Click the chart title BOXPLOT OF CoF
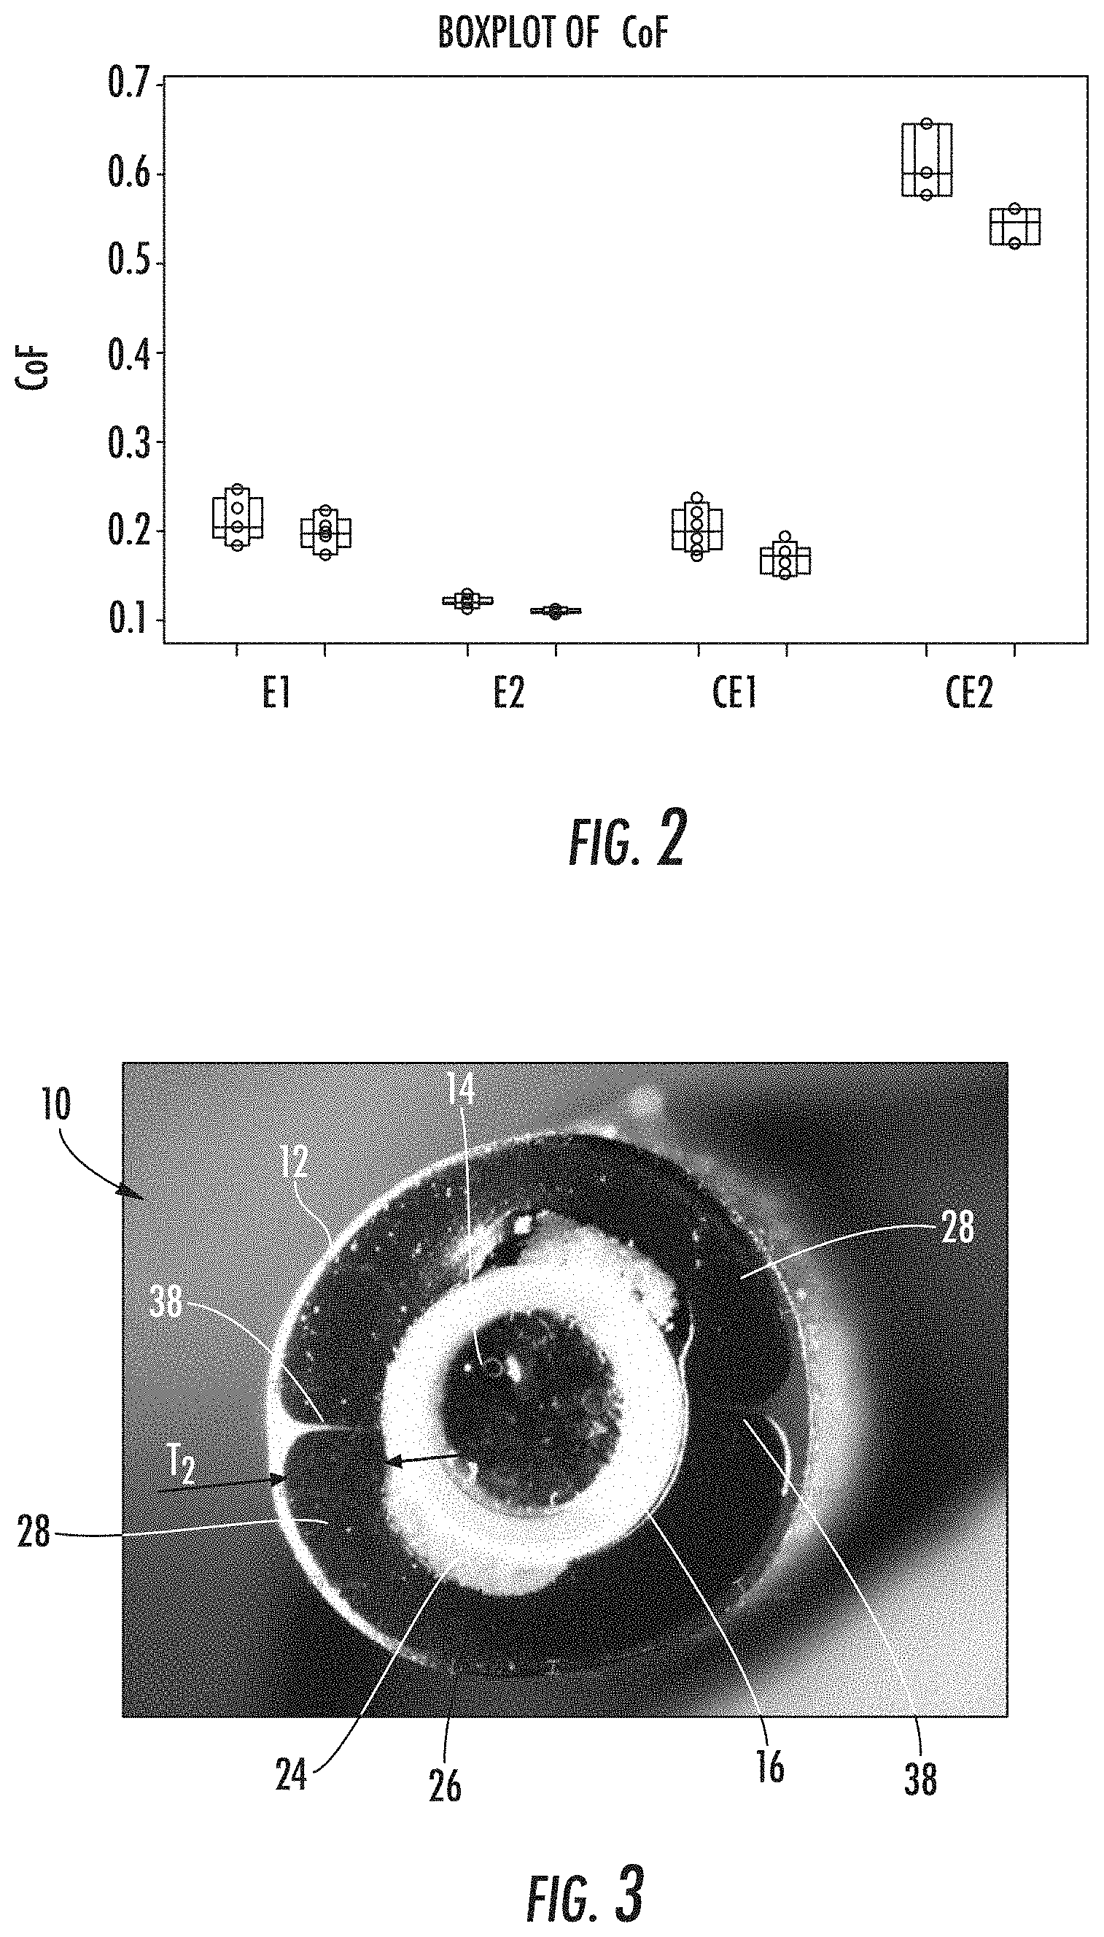click(553, 34)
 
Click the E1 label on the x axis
click(277, 693)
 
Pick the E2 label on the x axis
click(509, 693)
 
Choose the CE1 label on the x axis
click(735, 693)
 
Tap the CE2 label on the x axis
click(969, 693)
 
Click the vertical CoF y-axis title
click(33, 369)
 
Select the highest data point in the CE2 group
click(926, 123)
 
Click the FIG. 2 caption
click(627, 839)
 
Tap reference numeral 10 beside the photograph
click(56, 1105)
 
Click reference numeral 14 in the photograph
click(460, 1090)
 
